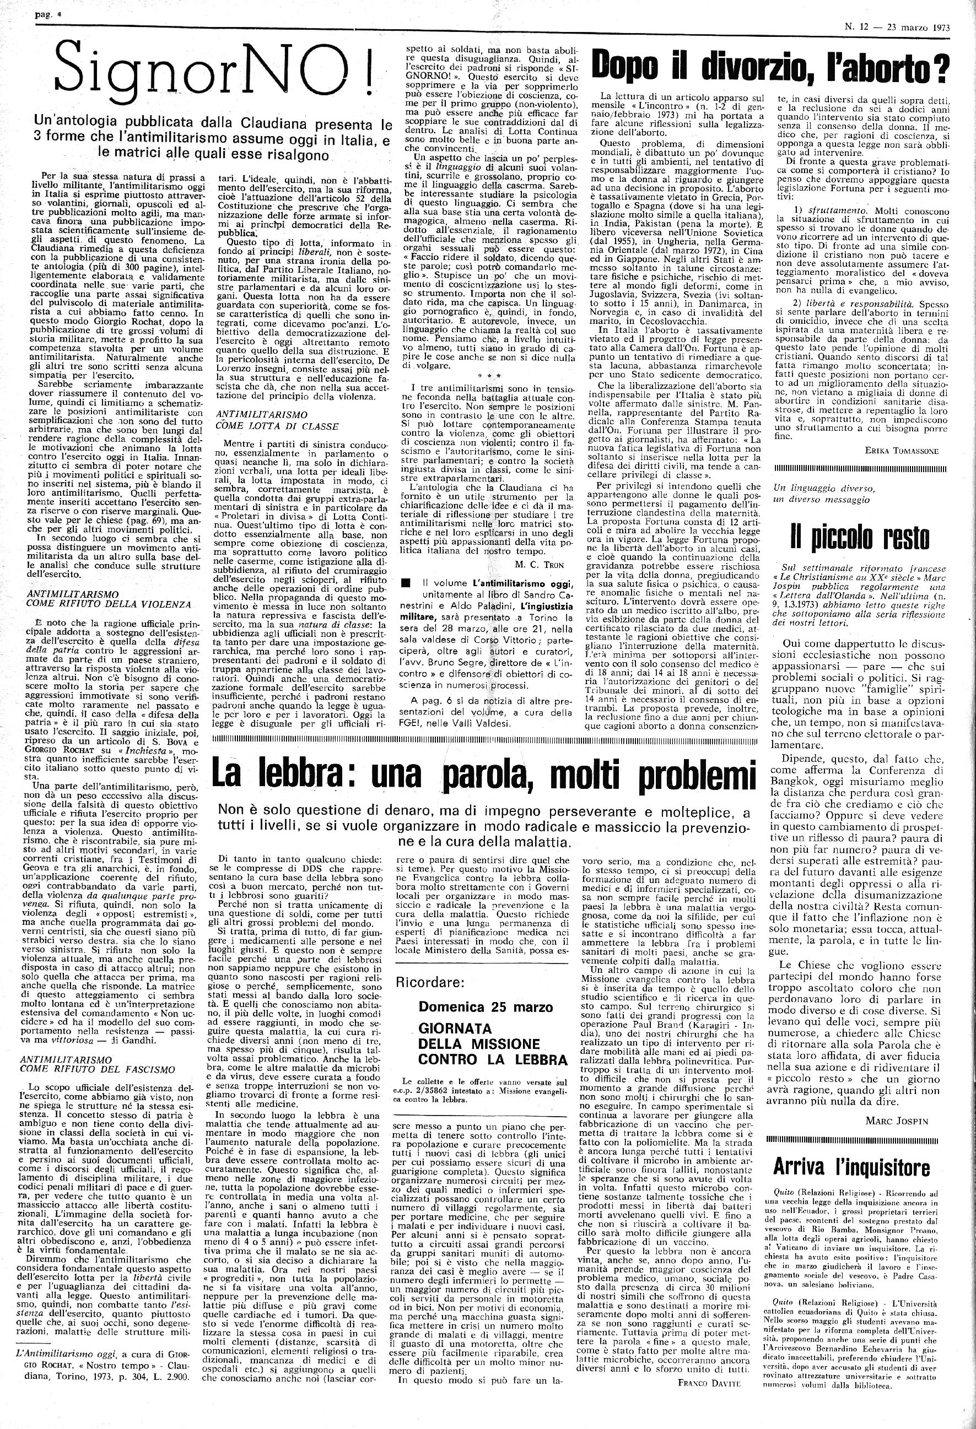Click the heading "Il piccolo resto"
pos(860,538)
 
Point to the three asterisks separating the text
pos(487,374)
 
